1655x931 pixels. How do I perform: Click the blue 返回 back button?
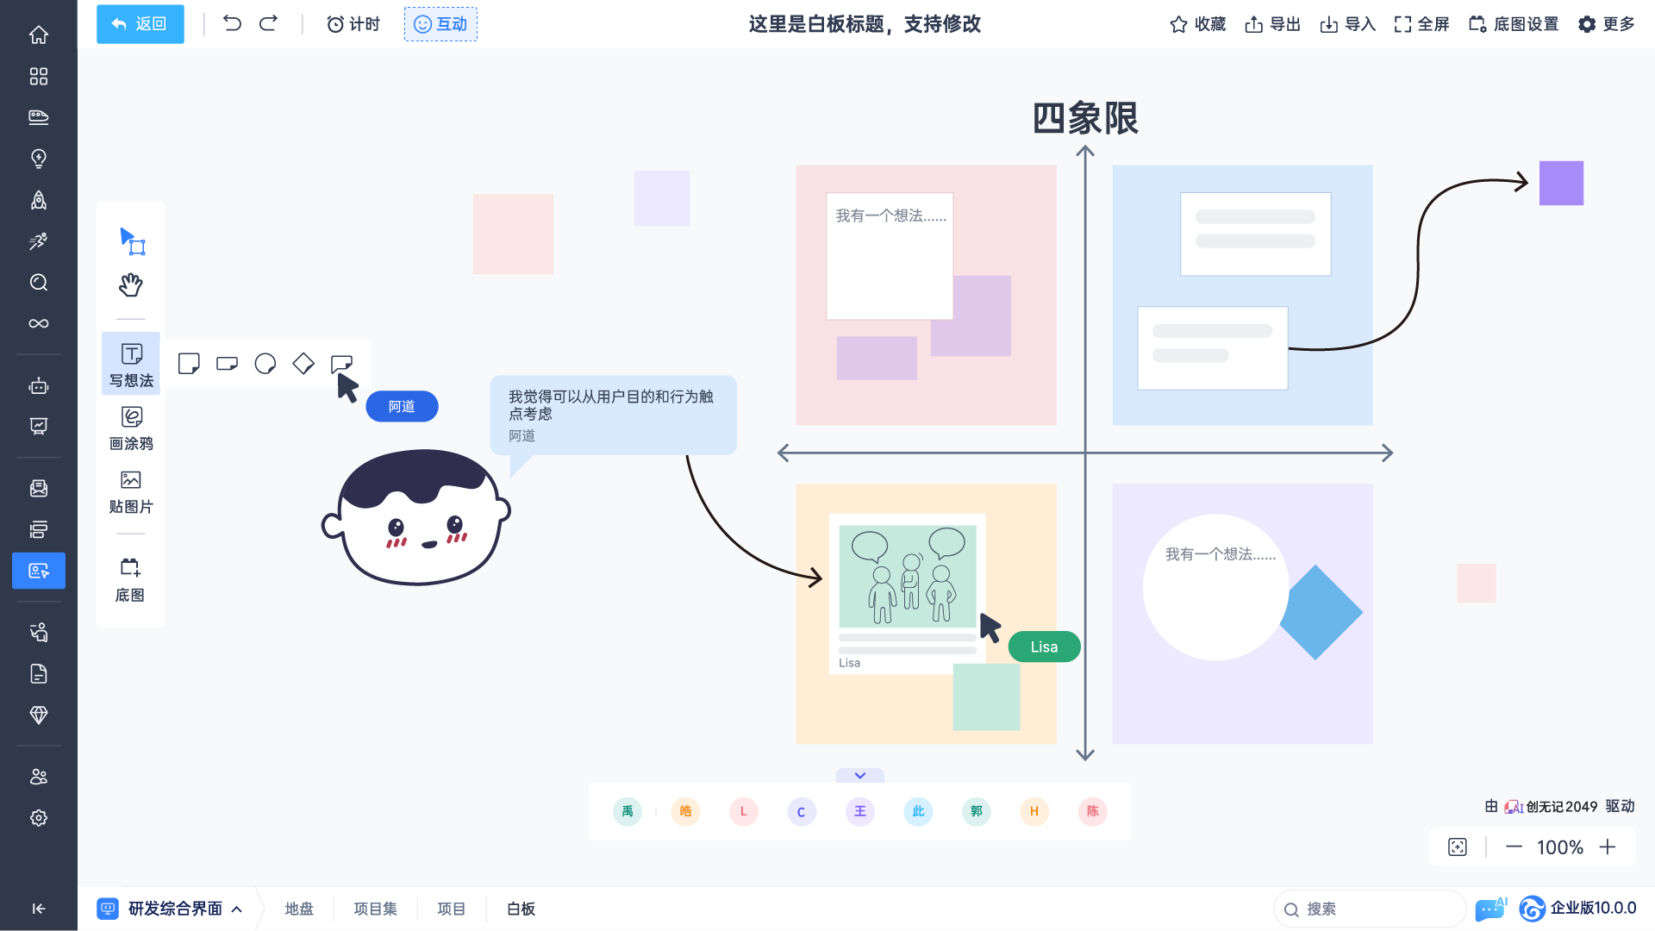click(x=140, y=24)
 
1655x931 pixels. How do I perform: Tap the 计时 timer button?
click(x=353, y=24)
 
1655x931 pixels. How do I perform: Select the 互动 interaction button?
click(x=440, y=24)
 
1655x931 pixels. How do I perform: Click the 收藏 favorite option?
click(x=1197, y=24)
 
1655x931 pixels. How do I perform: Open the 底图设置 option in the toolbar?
click(x=1514, y=24)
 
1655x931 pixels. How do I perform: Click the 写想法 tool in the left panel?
click(x=131, y=364)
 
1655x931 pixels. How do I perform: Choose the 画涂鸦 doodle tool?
click(x=131, y=428)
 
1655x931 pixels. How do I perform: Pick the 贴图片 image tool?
click(x=131, y=492)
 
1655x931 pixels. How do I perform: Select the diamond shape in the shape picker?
click(x=303, y=364)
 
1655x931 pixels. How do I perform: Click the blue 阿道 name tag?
click(x=402, y=407)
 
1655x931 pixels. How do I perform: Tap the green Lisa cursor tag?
click(x=1044, y=647)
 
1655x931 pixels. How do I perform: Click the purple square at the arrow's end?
click(x=1561, y=183)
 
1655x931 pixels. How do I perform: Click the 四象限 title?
click(x=1085, y=118)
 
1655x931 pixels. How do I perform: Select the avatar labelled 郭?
click(x=977, y=811)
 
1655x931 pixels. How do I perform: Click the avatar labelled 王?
click(x=860, y=811)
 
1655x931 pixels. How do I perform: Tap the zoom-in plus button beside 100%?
click(x=1608, y=847)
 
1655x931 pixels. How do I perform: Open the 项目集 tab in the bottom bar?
click(x=375, y=909)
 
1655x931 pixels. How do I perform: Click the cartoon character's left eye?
click(x=396, y=527)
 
